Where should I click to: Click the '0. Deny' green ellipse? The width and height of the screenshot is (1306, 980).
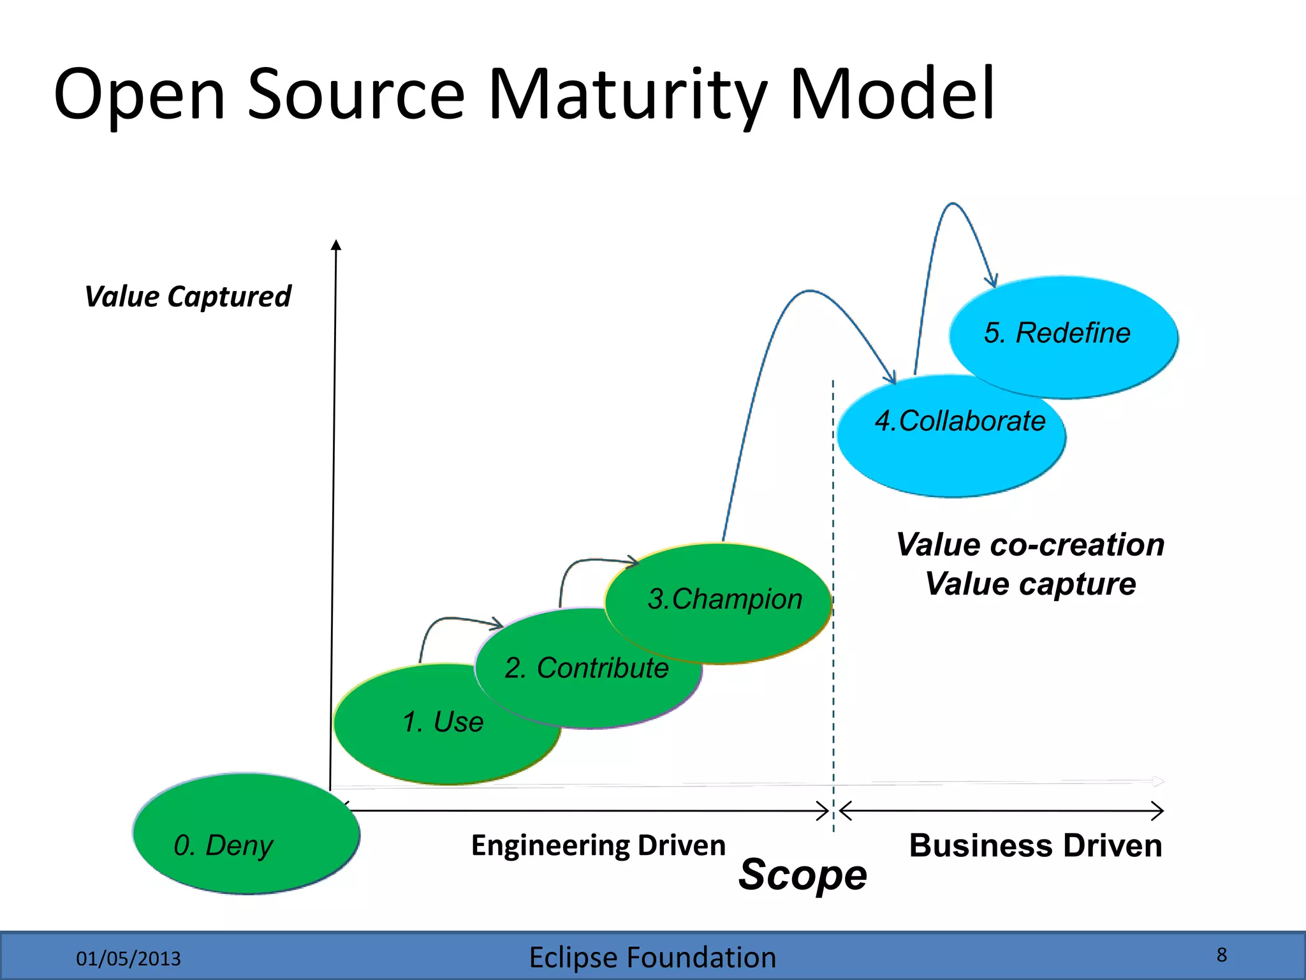[246, 833]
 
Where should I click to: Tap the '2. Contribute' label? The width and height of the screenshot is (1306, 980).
[586, 668]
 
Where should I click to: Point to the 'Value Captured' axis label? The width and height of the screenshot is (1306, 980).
[187, 297]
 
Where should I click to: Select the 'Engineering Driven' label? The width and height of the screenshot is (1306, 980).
[598, 845]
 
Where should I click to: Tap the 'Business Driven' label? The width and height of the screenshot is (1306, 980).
[1035, 845]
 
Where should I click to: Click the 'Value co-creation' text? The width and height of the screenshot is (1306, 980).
[1030, 545]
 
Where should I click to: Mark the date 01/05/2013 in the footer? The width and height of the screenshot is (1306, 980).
[128, 958]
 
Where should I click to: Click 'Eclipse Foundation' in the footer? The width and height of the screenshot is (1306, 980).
[652, 958]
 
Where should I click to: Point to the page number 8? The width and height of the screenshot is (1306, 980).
[1221, 954]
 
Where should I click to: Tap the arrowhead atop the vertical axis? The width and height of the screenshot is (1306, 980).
[336, 244]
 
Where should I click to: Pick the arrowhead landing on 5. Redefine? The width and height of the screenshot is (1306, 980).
[992, 281]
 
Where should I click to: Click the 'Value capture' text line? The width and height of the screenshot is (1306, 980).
[1030, 584]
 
